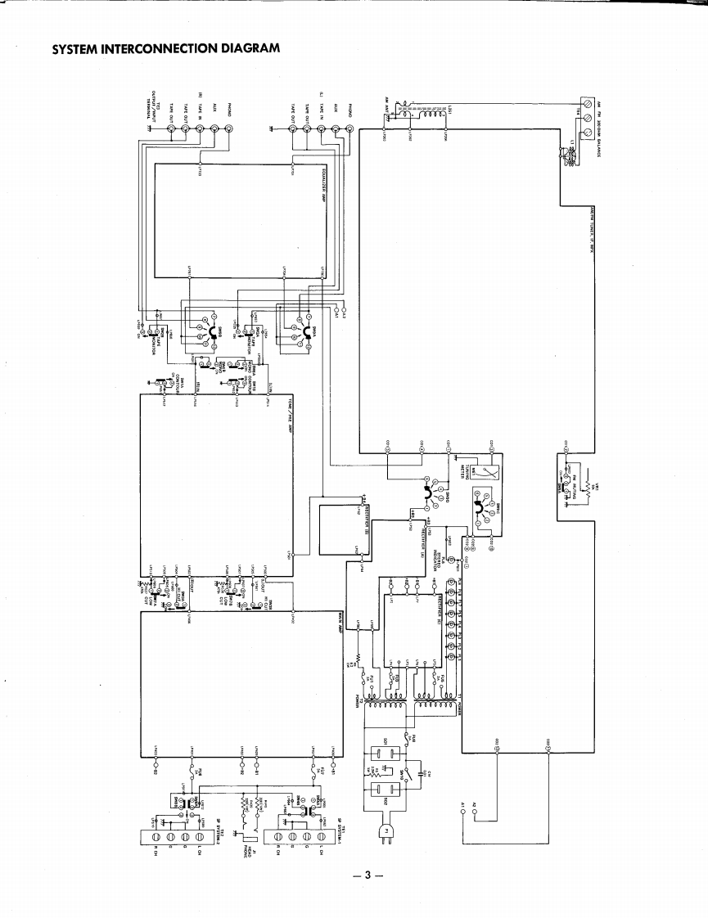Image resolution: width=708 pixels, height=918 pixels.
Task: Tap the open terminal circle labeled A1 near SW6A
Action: pos(336,308)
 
